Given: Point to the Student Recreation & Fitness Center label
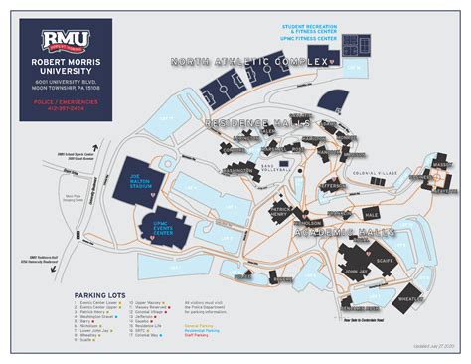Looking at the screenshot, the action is pyautogui.click(x=318, y=32).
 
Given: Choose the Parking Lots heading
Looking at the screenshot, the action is pyautogui.click(x=103, y=295).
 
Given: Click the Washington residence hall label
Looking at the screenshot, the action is pyautogui.click(x=242, y=170).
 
